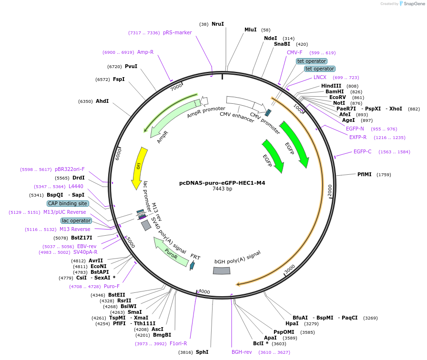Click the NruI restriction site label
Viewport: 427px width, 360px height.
pyautogui.click(x=218, y=24)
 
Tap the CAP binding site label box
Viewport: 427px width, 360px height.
pyautogui.click(x=67, y=203)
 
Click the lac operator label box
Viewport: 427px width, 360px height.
pyautogui.click(x=76, y=220)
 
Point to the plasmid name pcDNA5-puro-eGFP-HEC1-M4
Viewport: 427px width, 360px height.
pyautogui.click(x=222, y=182)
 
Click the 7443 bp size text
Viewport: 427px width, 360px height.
pyautogui.click(x=222, y=189)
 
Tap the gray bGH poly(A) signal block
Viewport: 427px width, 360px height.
pyautogui.click(x=222, y=270)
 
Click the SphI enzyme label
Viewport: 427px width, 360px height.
pyautogui.click(x=202, y=352)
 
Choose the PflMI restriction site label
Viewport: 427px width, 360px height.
pyautogui.click(x=365, y=174)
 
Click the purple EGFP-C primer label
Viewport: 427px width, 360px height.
pyautogui.click(x=363, y=152)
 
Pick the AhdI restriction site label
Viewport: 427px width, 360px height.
pyautogui.click(x=102, y=101)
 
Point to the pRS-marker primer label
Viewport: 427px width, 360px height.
pyautogui.click(x=177, y=33)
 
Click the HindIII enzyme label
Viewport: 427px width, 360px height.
pyautogui.click(x=331, y=86)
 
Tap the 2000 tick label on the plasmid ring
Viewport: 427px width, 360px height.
pyautogui.click(x=330, y=190)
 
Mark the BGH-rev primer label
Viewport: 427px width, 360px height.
pyautogui.click(x=242, y=352)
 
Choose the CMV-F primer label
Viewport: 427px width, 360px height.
pyautogui.click(x=295, y=52)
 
